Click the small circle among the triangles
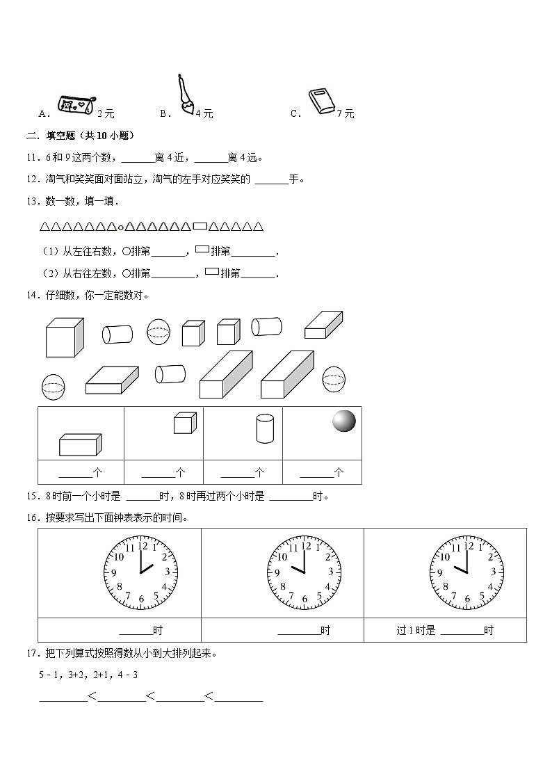pos(121,227)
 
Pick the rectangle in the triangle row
pos(200,226)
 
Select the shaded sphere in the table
pos(343,421)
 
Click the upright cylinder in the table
pos(264,428)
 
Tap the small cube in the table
pos(184,423)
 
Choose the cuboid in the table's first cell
pos(80,444)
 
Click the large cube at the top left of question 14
pos(64,337)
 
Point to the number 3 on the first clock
pos(167,572)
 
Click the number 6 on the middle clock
pos(305,599)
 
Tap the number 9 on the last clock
pos(438,573)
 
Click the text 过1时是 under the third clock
pos(416,631)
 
